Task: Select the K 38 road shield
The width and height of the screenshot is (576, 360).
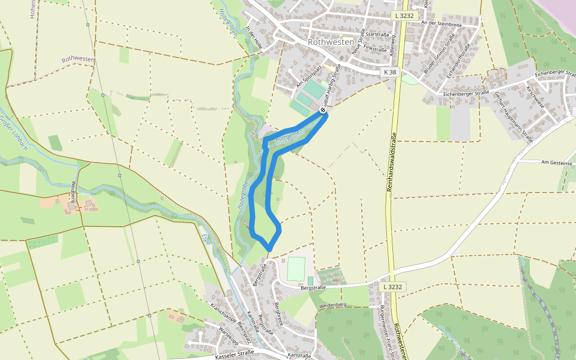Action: pyautogui.click(x=390, y=72)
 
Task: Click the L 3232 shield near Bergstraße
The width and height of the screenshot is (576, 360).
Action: pyautogui.click(x=392, y=287)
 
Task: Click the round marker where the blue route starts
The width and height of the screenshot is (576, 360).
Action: pyautogui.click(x=323, y=110)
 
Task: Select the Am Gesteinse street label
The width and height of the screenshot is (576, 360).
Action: pyautogui.click(x=558, y=162)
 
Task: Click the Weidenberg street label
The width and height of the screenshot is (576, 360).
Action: pyautogui.click(x=334, y=305)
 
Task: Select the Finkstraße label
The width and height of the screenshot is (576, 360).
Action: pyautogui.click(x=375, y=47)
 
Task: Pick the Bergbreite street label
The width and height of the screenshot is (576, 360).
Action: pyautogui.click(x=277, y=312)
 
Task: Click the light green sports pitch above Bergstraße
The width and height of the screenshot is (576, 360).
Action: pyautogui.click(x=296, y=268)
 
